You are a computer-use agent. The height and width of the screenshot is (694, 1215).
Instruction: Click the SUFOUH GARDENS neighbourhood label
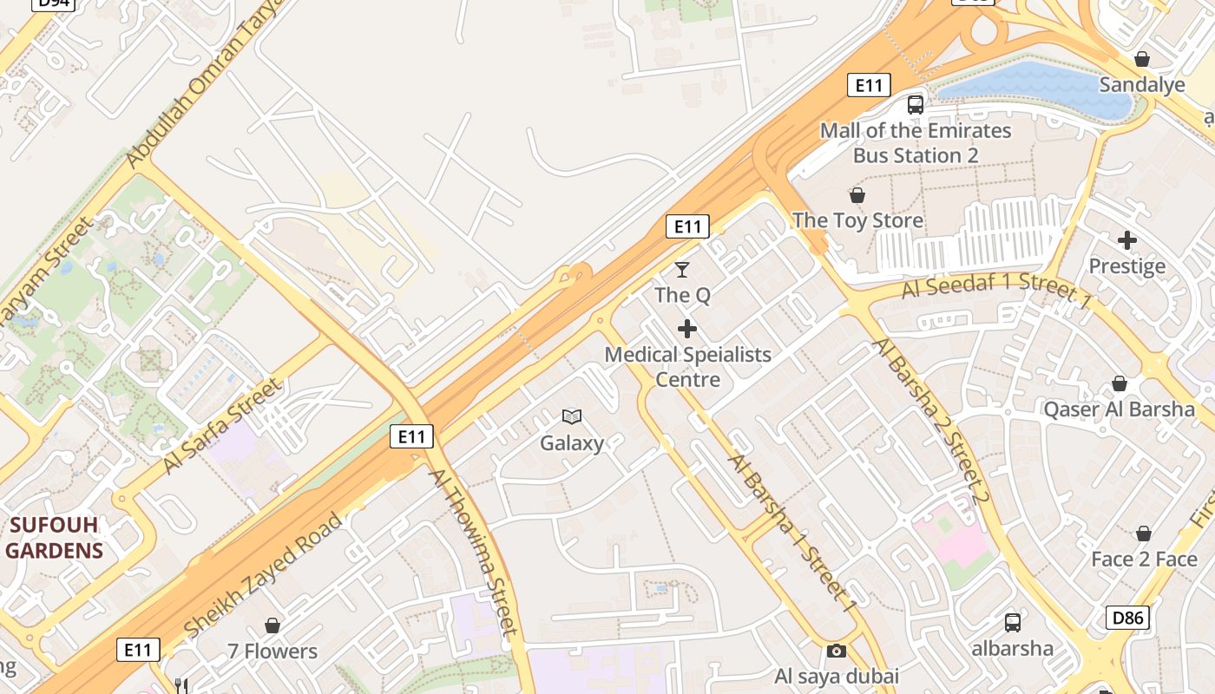click(x=54, y=538)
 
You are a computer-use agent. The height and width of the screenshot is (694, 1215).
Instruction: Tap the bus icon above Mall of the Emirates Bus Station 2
click(x=916, y=105)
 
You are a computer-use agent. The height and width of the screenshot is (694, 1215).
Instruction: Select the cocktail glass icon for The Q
click(x=682, y=270)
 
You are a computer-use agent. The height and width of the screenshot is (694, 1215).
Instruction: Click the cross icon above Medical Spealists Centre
click(x=687, y=329)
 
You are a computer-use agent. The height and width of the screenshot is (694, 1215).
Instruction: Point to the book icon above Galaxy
click(x=571, y=417)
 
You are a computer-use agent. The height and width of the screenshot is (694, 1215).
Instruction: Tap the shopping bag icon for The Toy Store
click(x=857, y=195)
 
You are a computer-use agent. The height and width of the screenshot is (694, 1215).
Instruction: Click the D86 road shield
click(x=1127, y=618)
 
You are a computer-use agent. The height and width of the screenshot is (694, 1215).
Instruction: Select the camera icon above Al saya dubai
click(x=836, y=651)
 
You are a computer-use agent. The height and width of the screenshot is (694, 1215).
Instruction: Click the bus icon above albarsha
click(x=1012, y=622)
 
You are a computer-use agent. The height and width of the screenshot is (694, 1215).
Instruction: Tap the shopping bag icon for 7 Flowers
click(x=273, y=625)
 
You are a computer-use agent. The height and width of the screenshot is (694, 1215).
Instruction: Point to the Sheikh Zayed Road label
click(x=263, y=575)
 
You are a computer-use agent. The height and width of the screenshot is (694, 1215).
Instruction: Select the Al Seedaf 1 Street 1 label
click(x=995, y=286)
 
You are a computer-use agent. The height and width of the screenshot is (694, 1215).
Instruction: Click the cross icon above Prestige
click(x=1127, y=239)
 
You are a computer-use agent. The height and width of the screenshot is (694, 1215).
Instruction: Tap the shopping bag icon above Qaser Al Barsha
click(x=1120, y=383)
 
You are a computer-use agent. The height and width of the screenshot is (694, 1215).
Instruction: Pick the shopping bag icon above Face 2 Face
click(x=1144, y=534)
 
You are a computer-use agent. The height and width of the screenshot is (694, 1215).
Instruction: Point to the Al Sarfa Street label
click(x=222, y=427)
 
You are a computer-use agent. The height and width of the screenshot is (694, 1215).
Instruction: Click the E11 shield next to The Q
click(x=687, y=227)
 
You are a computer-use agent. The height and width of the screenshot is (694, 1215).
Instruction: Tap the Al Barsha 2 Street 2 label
click(x=931, y=422)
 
